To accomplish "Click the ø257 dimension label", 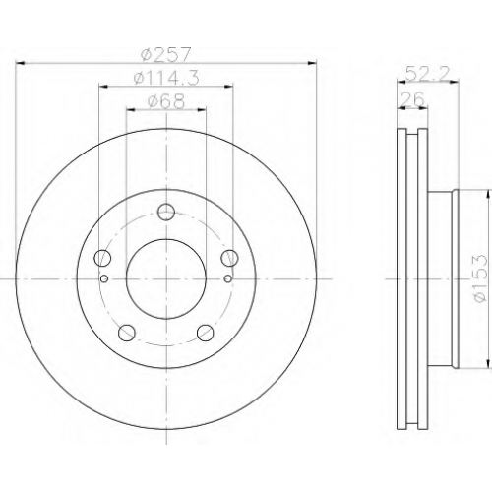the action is click(165, 55).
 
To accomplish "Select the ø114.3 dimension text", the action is click(166, 79).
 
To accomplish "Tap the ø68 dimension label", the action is click(166, 101).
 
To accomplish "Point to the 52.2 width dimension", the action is click(427, 74).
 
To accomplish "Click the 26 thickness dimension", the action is click(414, 99).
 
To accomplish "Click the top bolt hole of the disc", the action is click(166, 212).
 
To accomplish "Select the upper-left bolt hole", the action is click(102, 258).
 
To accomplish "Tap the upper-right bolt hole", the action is click(229, 258).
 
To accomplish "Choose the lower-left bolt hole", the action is click(127, 333).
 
